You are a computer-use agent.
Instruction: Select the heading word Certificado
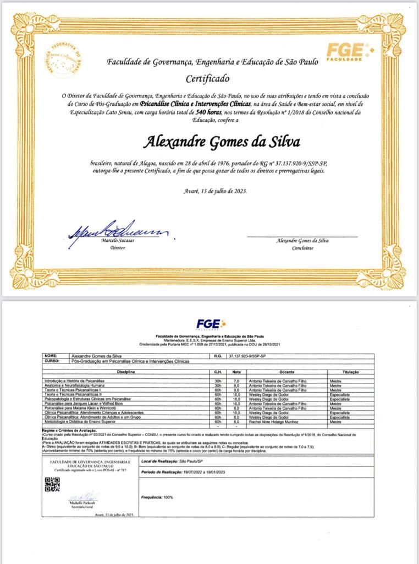coord(207,78)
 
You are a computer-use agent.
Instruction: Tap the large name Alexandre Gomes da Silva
coord(222,142)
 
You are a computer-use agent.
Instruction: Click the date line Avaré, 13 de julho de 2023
coord(215,191)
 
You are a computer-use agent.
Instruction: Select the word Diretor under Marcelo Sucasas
coord(118,248)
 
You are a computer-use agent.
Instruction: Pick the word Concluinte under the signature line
coord(302,248)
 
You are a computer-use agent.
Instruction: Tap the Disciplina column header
coord(126,372)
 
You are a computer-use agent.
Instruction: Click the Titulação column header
coord(350,372)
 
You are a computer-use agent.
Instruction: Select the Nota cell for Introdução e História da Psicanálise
coord(236,381)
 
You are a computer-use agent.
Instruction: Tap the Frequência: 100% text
coord(157,497)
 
